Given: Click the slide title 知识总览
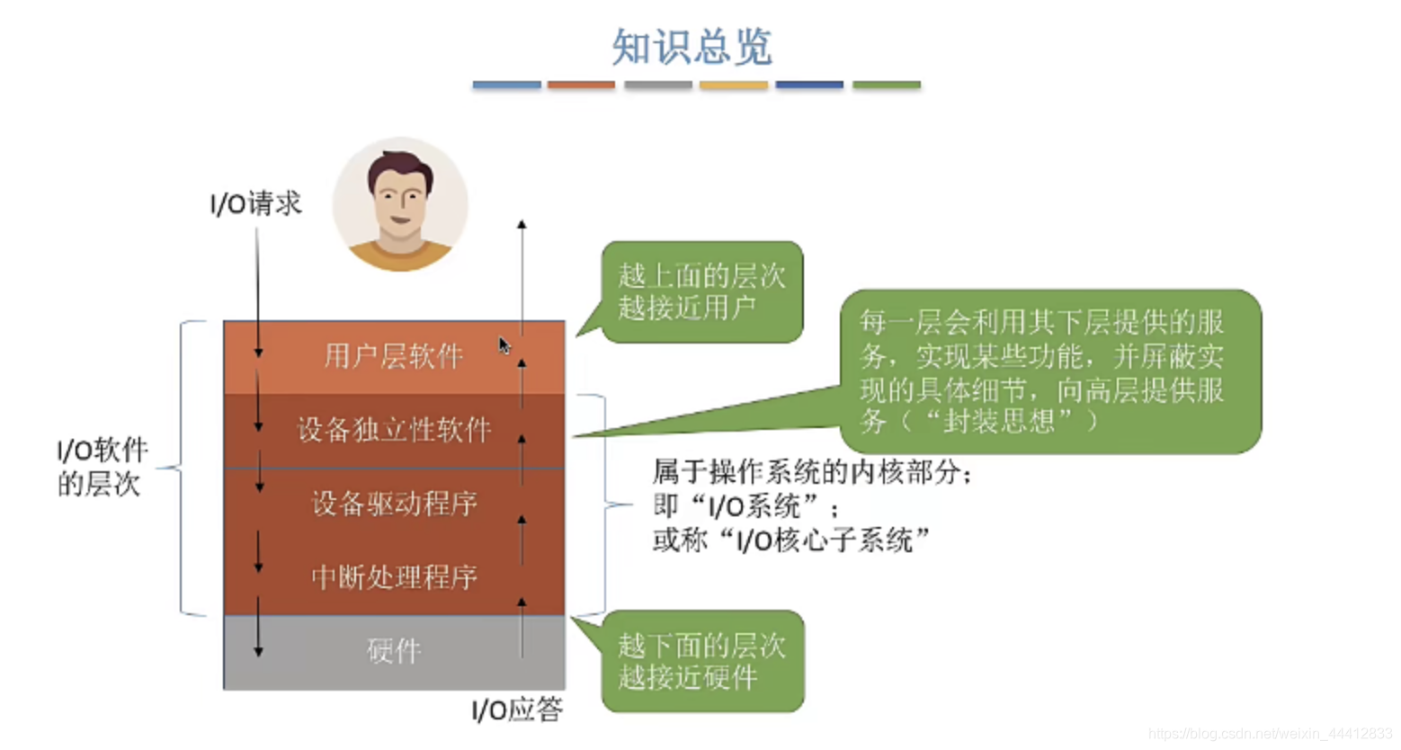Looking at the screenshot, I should pyautogui.click(x=692, y=47).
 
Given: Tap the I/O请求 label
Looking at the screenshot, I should pyautogui.click(x=255, y=204).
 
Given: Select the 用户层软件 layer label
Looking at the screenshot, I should pyautogui.click(x=393, y=357).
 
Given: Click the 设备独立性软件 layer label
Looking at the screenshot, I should pyautogui.click(x=394, y=430).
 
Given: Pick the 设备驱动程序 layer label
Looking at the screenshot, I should pyautogui.click(x=394, y=504).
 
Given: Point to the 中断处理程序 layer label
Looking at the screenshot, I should pyautogui.click(x=394, y=576).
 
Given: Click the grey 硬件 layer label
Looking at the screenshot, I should pyautogui.click(x=394, y=651).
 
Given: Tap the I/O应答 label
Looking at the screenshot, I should pyautogui.click(x=517, y=710).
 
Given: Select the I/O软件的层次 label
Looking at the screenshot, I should pyautogui.click(x=102, y=467).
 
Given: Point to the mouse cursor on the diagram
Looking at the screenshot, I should pyautogui.click(x=504, y=346).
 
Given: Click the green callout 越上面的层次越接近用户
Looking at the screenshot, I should pyautogui.click(x=701, y=291).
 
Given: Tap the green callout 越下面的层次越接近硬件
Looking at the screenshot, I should pyautogui.click(x=701, y=661).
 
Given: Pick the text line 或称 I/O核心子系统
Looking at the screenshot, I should pyautogui.click(x=791, y=540).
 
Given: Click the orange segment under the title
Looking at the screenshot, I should pyautogui.click(x=581, y=85).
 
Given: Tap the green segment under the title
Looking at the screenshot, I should pyautogui.click(x=886, y=85).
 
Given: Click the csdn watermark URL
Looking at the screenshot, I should pyautogui.click(x=1270, y=734).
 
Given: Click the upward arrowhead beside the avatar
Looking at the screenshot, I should pyautogui.click(x=522, y=224).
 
